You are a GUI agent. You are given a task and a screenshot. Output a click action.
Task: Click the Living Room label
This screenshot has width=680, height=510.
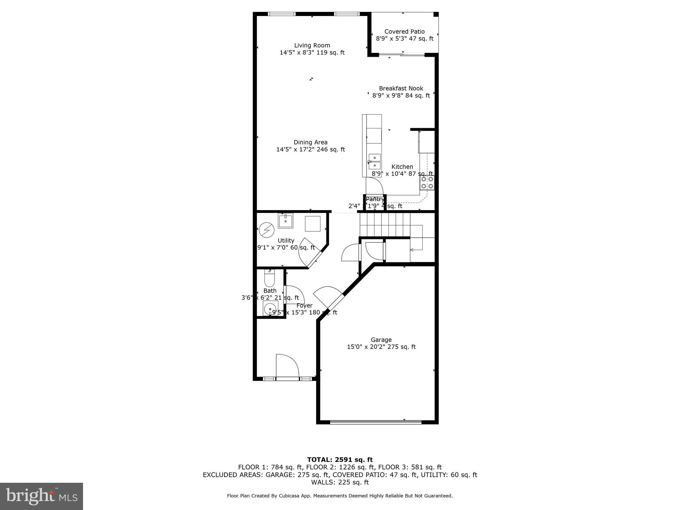(x=312, y=45)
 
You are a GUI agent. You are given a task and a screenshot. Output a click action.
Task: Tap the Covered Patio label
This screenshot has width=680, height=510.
(x=404, y=32)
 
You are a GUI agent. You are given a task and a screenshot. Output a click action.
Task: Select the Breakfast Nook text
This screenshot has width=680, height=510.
(x=401, y=88)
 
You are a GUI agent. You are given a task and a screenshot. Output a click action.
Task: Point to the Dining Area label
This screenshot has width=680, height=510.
(x=310, y=142)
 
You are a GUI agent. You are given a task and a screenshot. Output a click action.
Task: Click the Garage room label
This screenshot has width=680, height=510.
(x=381, y=340)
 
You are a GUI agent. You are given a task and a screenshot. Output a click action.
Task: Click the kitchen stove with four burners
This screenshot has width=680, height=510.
(x=427, y=183)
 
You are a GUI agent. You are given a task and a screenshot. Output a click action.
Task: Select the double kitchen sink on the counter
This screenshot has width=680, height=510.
(x=375, y=161)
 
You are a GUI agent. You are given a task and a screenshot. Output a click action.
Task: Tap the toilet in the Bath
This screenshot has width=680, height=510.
(x=269, y=279)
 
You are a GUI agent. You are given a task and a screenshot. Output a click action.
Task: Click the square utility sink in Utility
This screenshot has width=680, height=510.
(x=286, y=220)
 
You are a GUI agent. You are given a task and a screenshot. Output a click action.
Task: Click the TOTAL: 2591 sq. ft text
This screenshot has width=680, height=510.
(x=340, y=460)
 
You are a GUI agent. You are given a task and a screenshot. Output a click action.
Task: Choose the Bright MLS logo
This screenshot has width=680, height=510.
(x=42, y=496)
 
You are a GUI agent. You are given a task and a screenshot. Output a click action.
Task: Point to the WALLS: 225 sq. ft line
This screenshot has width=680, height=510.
(x=340, y=482)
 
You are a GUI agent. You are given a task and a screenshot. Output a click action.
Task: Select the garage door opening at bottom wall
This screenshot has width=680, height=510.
(x=376, y=422)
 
